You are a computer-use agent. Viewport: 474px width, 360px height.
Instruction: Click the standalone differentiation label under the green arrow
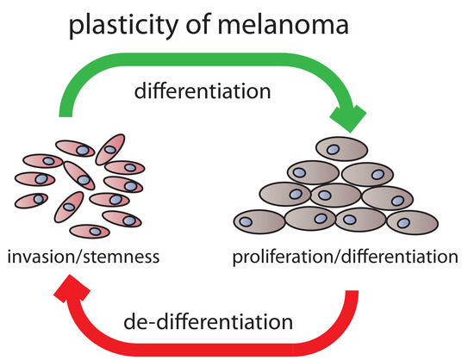tap(213, 93)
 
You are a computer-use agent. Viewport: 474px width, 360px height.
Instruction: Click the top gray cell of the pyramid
tap(342, 149)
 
